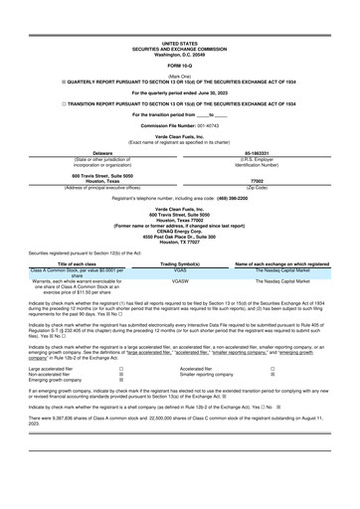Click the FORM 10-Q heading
(180, 66)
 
